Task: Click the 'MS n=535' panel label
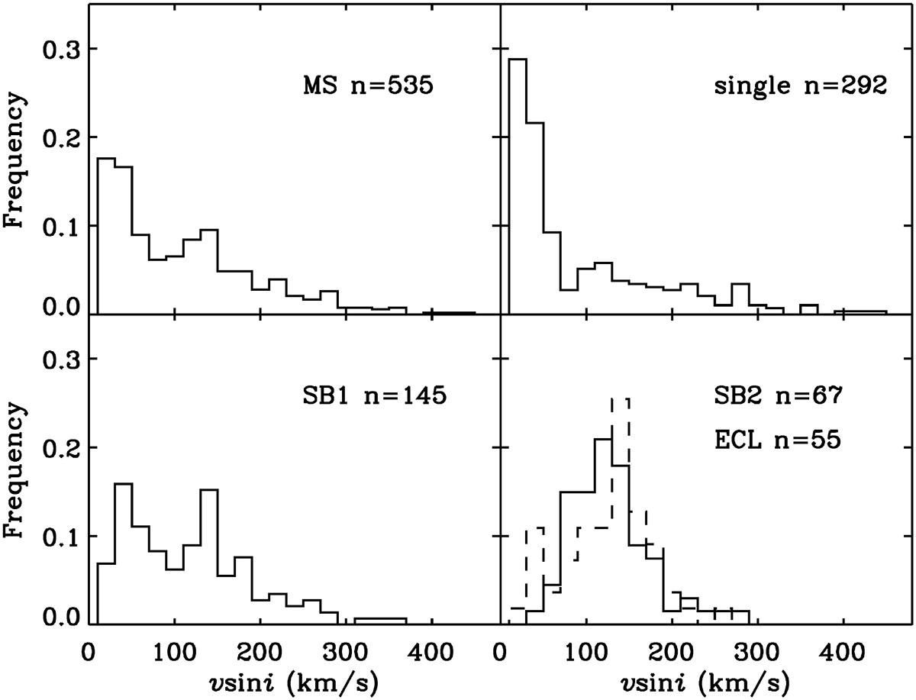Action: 369,86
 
